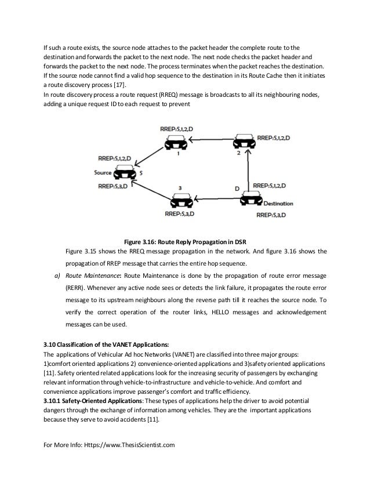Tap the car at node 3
181,201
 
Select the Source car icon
125,172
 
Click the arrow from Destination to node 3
215,199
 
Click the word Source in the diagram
103,172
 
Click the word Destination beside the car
278,204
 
